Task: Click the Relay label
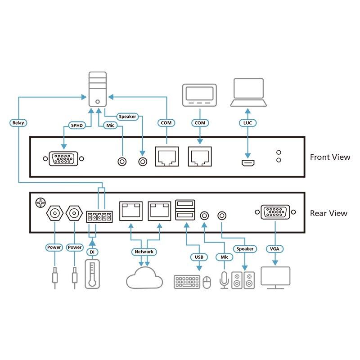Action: point(18,122)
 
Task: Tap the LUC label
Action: point(247,122)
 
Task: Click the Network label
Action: point(144,252)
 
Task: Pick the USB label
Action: point(198,257)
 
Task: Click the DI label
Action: point(92,252)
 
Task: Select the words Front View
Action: point(330,157)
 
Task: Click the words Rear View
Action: point(328,213)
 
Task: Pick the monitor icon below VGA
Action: point(275,278)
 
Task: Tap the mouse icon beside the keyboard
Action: point(207,282)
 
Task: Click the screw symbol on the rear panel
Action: point(41,203)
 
